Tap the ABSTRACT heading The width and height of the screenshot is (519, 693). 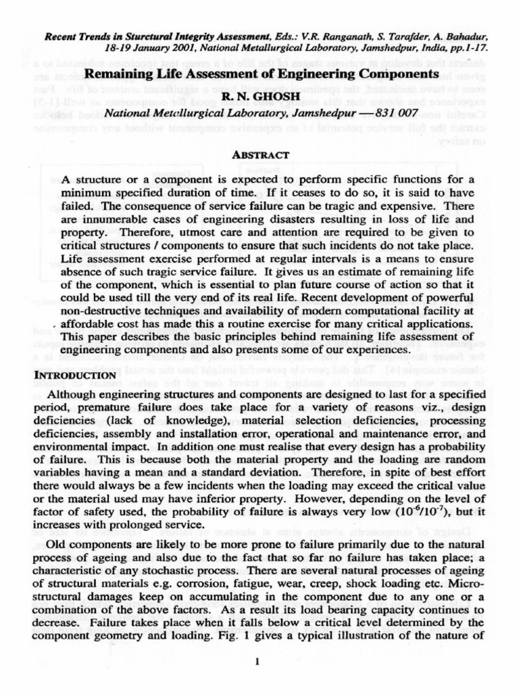click(x=260, y=154)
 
